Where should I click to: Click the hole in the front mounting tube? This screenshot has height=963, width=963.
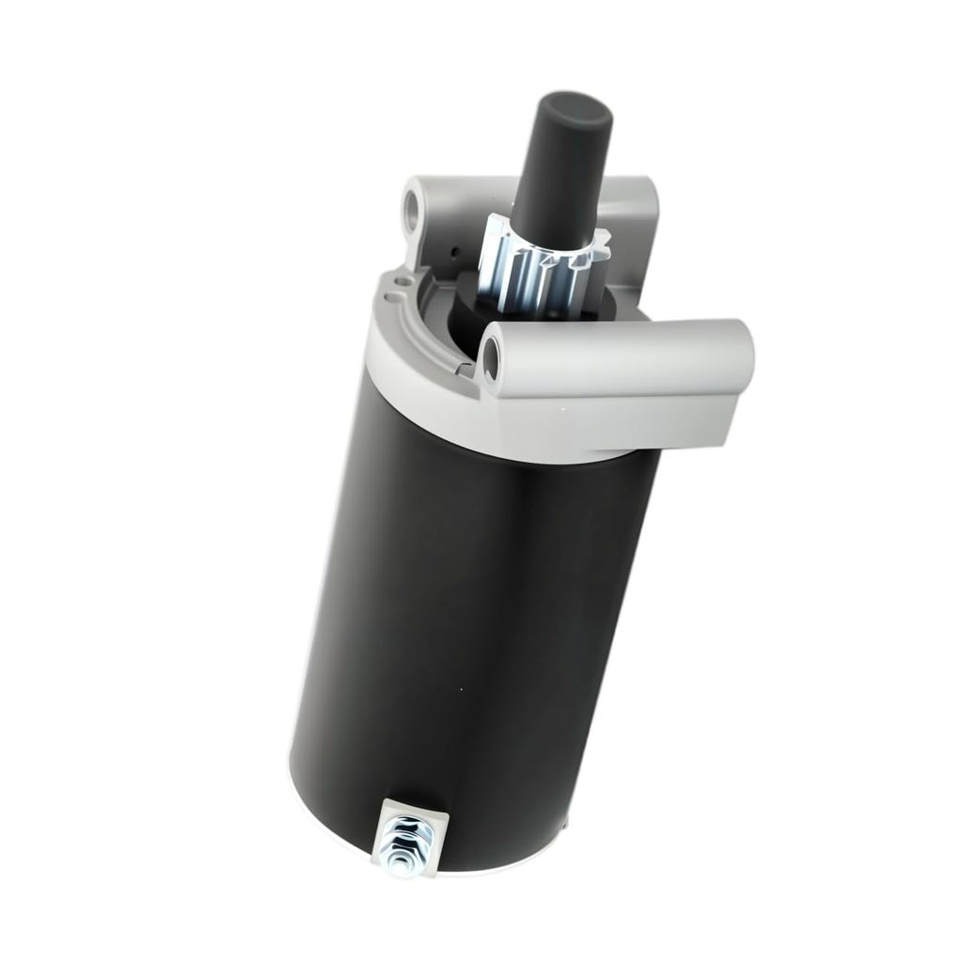(x=492, y=360)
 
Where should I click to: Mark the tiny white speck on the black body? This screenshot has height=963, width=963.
(x=461, y=689)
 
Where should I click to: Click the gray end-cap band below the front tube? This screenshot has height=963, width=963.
(x=527, y=442)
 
